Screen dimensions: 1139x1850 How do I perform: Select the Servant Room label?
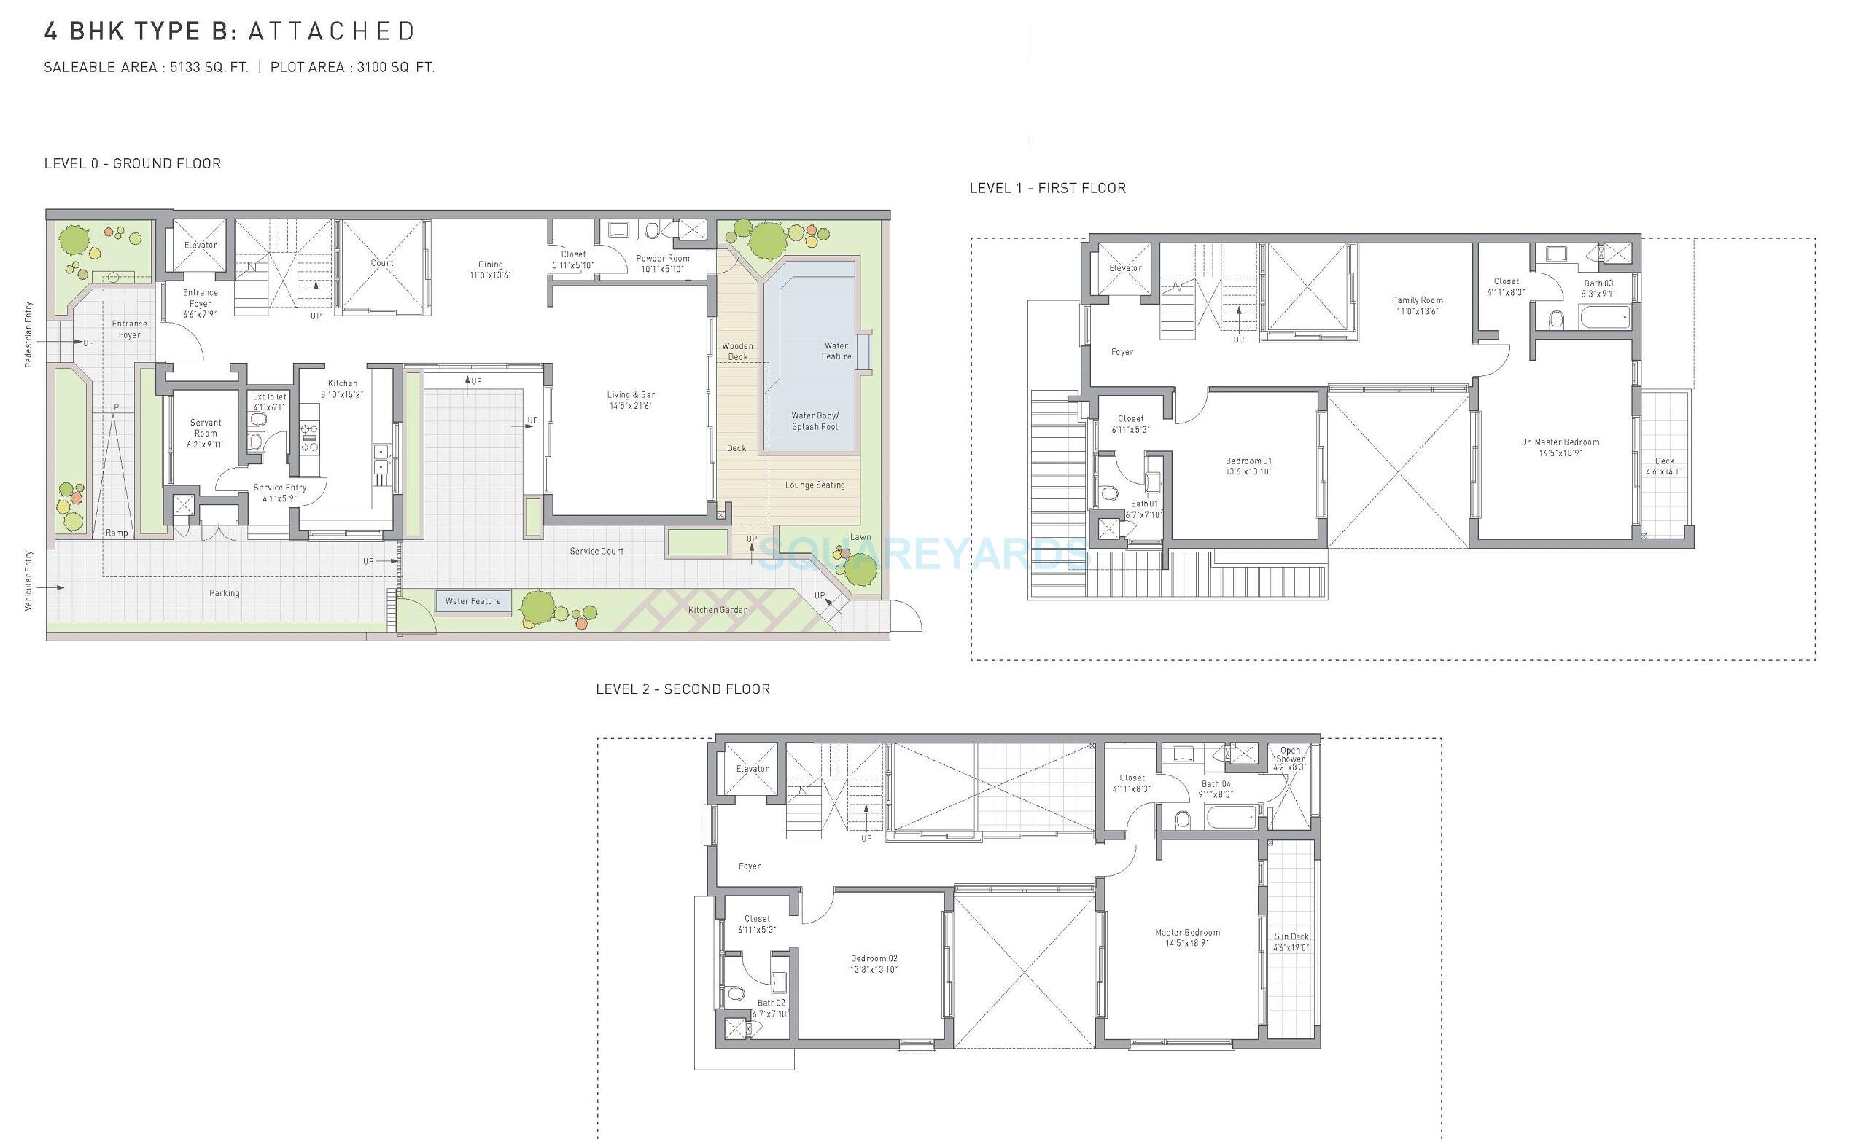(x=205, y=428)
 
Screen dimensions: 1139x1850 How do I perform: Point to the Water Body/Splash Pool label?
(x=815, y=421)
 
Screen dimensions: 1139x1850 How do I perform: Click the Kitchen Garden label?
(x=718, y=610)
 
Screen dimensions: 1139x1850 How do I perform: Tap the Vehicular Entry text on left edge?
(x=28, y=581)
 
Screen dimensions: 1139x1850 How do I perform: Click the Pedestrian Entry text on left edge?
(x=28, y=334)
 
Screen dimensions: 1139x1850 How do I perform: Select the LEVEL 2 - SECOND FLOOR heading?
(x=683, y=689)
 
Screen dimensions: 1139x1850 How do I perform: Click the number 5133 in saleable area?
(x=184, y=68)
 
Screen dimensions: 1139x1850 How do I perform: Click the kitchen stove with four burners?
(x=310, y=439)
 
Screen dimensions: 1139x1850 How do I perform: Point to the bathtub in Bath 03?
(x=1604, y=317)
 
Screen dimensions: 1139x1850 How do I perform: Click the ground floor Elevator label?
(x=201, y=245)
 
